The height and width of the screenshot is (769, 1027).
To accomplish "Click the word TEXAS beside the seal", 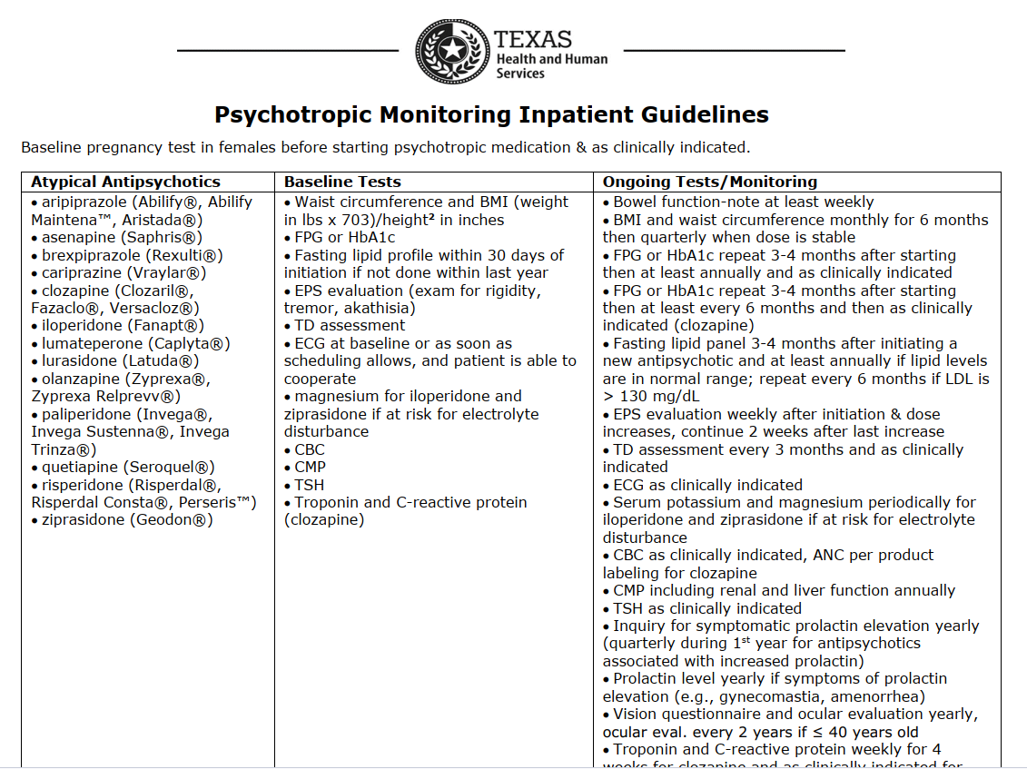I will pyautogui.click(x=533, y=40).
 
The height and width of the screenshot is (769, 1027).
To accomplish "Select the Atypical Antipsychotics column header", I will pyautogui.click(x=125, y=182).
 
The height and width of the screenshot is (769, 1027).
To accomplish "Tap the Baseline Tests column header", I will pyautogui.click(x=342, y=182).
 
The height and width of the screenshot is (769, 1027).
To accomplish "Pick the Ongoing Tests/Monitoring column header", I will pyautogui.click(x=710, y=182).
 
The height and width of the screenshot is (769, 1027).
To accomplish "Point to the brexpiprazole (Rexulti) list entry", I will pyautogui.click(x=132, y=255).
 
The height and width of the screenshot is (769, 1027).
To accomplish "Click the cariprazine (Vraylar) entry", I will pyautogui.click(x=123, y=272).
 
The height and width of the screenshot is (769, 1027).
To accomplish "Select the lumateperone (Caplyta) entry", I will pyautogui.click(x=135, y=343).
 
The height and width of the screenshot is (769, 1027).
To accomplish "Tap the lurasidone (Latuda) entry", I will pyautogui.click(x=120, y=360).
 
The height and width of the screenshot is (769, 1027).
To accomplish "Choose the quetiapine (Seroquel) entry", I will pyautogui.click(x=128, y=467).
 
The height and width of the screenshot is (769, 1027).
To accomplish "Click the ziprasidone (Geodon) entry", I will pyautogui.click(x=127, y=520).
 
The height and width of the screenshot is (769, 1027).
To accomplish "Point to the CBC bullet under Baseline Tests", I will pyautogui.click(x=309, y=449).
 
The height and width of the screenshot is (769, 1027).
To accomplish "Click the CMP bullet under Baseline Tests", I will pyautogui.click(x=309, y=467).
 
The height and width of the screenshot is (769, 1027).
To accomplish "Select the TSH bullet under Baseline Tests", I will pyautogui.click(x=309, y=485).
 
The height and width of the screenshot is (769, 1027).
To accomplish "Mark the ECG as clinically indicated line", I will pyautogui.click(x=707, y=485).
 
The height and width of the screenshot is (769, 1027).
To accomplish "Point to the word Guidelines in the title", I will pyautogui.click(x=702, y=115).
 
